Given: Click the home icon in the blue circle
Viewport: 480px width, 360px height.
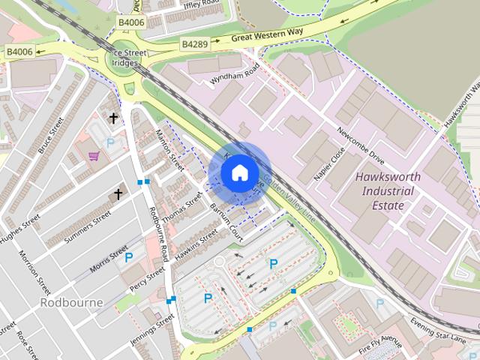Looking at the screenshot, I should coord(239,172).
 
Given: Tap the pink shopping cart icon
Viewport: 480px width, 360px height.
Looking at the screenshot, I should coord(94,156).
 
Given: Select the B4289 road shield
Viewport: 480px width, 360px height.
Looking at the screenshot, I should coord(193,45).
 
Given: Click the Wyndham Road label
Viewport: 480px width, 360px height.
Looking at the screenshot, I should coord(234,71).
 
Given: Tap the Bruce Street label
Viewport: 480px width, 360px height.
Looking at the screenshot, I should coord(51,137).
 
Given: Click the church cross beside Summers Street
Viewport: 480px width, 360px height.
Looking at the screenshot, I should coord(118,194).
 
